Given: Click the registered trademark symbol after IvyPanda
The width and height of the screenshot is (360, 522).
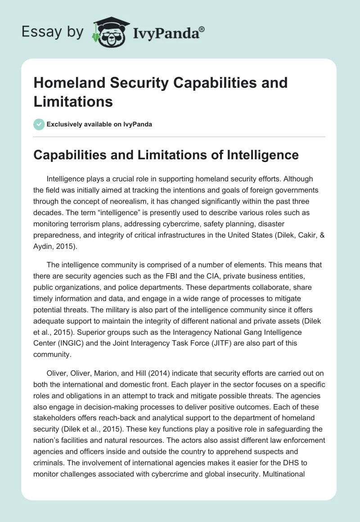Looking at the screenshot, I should click(x=202, y=28).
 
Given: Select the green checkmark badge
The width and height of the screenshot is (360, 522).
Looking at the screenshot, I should click(x=40, y=124).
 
